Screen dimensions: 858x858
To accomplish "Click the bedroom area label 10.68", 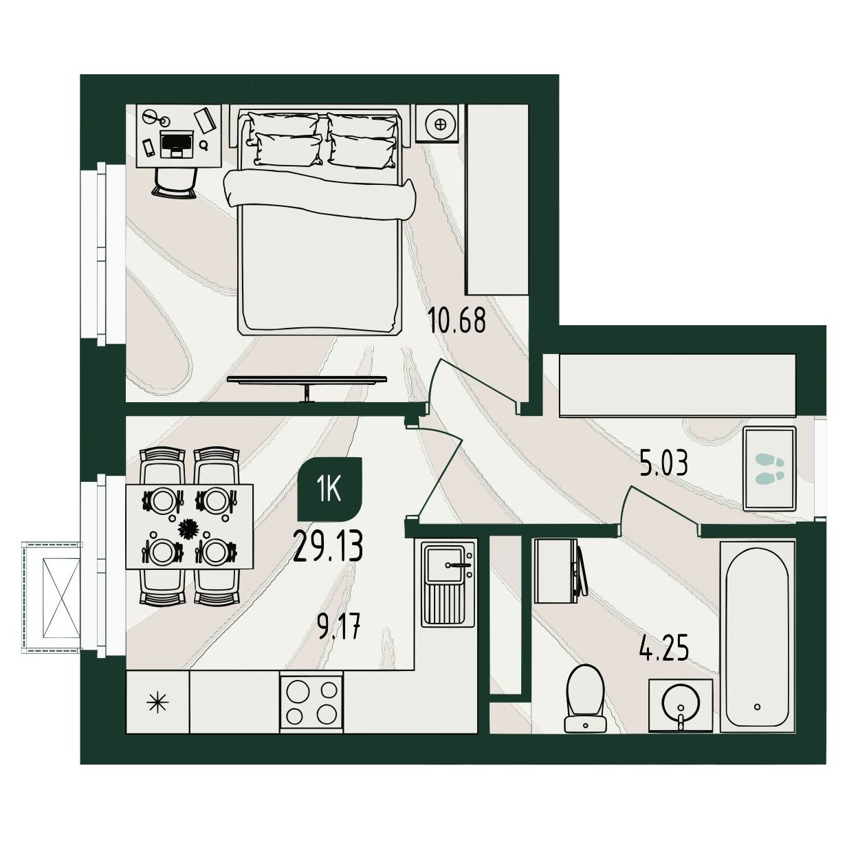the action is coord(456,321).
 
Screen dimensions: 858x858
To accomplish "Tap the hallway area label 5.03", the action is coord(664,463).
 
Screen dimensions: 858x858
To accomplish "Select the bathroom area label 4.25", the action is coord(664,649).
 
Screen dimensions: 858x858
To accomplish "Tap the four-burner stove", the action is coord(311,703).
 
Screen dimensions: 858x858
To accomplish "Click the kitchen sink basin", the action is coord(448,564).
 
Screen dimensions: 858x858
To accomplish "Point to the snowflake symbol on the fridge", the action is coord(157,703).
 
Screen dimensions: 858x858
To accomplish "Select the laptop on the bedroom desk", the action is coord(177,144).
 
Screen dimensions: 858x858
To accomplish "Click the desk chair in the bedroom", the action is coord(174,183).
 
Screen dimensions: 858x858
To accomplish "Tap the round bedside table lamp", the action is coord(441,124).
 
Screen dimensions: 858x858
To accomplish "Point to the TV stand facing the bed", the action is coord(307,384).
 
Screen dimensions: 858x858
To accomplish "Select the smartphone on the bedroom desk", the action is coord(148,147).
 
